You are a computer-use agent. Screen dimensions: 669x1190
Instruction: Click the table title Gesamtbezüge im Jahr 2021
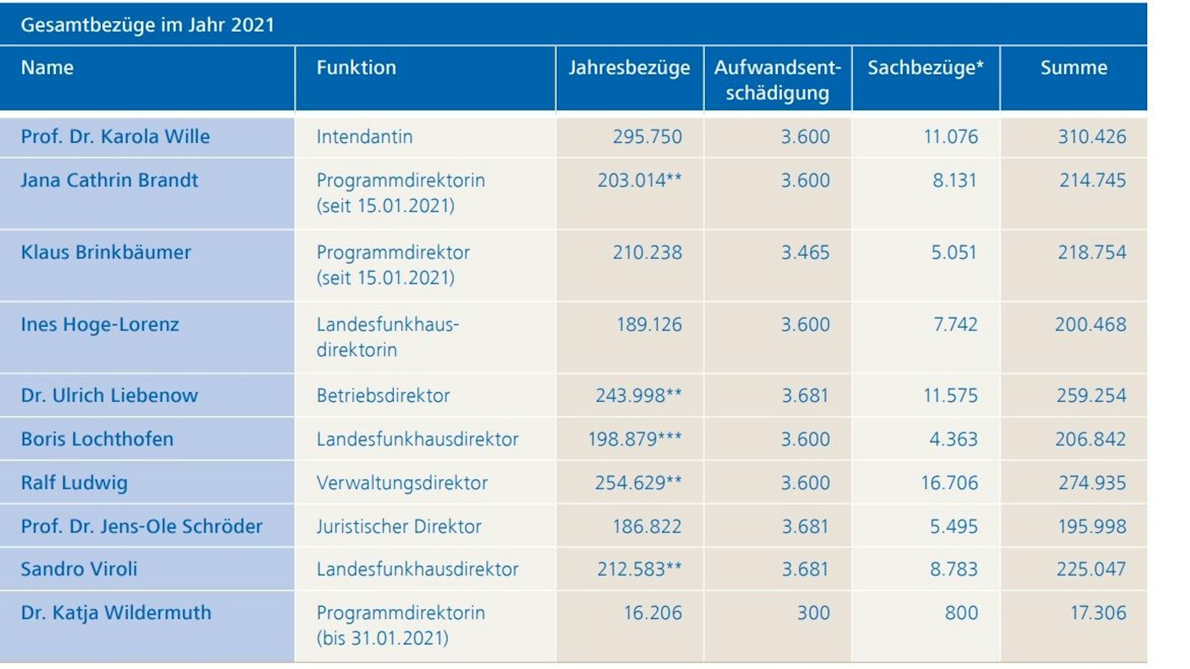point(147,25)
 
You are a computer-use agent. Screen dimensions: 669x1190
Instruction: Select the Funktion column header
point(356,68)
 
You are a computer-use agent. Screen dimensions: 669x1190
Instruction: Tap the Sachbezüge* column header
point(925,68)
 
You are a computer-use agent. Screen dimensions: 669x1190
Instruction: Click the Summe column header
point(1074,68)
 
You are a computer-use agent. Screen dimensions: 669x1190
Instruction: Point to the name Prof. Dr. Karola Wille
point(115,137)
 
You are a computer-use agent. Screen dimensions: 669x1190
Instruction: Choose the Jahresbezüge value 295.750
point(647,137)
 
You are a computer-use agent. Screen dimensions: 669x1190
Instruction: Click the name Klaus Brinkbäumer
point(106,253)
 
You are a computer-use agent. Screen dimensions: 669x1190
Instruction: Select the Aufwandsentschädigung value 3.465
point(805,253)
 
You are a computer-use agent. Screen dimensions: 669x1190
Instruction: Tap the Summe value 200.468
point(1090,325)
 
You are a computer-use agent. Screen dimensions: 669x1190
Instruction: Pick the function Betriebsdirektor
point(383,396)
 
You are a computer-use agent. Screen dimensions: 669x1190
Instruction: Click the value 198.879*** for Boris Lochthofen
point(635,439)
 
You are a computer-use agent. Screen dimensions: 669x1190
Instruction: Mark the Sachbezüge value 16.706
point(949,483)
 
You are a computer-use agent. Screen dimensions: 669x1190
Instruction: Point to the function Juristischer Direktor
point(399,527)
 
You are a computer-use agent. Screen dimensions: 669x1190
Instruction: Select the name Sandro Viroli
point(79,569)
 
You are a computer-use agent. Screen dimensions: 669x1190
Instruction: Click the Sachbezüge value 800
point(961,613)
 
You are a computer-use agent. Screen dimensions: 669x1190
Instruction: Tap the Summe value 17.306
point(1098,613)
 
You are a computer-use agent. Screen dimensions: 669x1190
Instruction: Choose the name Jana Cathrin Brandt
point(110,180)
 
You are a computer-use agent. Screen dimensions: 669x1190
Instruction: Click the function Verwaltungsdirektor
point(402,483)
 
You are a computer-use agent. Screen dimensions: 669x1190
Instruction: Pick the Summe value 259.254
point(1091,396)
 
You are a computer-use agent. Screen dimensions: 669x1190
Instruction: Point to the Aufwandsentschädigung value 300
point(813,613)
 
